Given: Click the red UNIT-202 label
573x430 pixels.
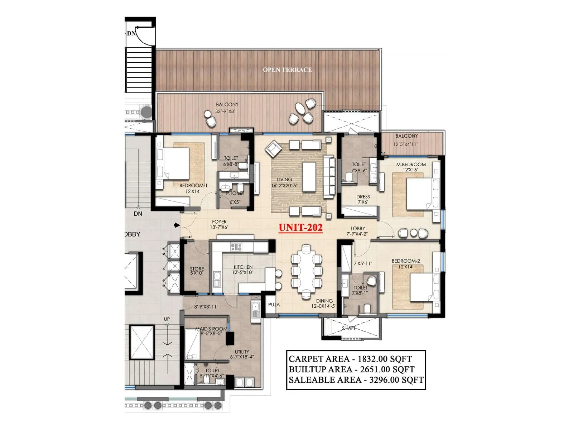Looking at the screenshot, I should (x=300, y=228).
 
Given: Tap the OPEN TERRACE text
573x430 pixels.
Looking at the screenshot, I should (x=287, y=70).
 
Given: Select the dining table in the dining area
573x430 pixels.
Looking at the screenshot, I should (x=306, y=271).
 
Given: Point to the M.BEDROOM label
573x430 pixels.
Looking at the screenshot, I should (x=411, y=164).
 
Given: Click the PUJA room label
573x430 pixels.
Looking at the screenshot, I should (x=274, y=305).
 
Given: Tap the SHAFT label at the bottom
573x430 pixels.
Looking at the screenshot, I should (x=348, y=328).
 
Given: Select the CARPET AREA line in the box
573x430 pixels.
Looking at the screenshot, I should (x=350, y=359).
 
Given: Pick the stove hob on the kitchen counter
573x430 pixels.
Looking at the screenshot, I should (x=236, y=247).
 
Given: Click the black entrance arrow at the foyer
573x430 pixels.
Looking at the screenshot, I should (x=177, y=225).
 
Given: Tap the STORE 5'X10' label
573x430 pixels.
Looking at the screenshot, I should (x=197, y=271).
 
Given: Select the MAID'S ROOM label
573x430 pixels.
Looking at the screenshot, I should (x=211, y=329).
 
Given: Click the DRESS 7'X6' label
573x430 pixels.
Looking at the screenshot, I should (x=363, y=199).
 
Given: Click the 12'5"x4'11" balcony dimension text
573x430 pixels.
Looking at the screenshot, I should (x=406, y=144).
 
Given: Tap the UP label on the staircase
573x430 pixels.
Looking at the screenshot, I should (x=167, y=319).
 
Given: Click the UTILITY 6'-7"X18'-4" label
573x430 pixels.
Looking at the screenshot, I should (x=242, y=354).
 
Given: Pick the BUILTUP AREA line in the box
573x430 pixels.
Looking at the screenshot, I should (x=351, y=369).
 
